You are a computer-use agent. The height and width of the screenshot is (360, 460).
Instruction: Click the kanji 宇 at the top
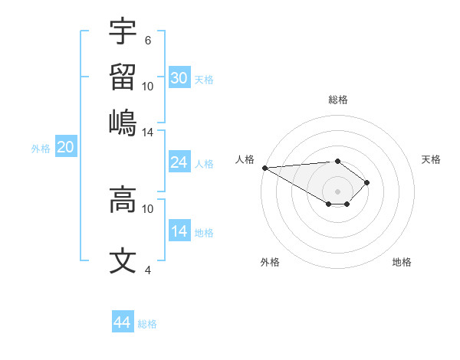pyautogui.click(x=123, y=32)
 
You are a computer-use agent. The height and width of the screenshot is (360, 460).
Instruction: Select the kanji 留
pyautogui.click(x=123, y=77)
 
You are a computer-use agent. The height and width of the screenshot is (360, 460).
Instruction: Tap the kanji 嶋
pyautogui.click(x=123, y=123)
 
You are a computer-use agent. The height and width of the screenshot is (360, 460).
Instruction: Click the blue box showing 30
pyautogui.click(x=179, y=78)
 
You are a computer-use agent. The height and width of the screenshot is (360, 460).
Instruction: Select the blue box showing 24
pyautogui.click(x=179, y=162)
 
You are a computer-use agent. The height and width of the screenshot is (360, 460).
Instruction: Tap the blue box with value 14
pyautogui.click(x=179, y=231)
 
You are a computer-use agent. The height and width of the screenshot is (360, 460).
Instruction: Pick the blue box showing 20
pyautogui.click(x=65, y=148)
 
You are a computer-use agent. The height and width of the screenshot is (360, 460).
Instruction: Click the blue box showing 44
pyautogui.click(x=122, y=322)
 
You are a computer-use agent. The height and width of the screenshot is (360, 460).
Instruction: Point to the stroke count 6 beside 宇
pyautogui.click(x=147, y=40)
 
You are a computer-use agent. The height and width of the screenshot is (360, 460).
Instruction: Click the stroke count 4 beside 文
pyautogui.click(x=147, y=270)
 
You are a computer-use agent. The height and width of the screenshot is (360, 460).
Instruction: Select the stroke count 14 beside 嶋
pyautogui.click(x=147, y=132)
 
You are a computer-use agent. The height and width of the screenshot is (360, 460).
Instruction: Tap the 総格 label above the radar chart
pyautogui.click(x=337, y=100)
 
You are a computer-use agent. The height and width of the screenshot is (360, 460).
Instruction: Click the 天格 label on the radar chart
pyautogui.click(x=431, y=159)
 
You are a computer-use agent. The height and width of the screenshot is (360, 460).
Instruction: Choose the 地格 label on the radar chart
pyautogui.click(x=402, y=262)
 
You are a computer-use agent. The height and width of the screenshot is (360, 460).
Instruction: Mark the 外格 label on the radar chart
pyautogui.click(x=270, y=262)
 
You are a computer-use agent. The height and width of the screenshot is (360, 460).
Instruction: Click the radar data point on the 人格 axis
pyautogui.click(x=264, y=168)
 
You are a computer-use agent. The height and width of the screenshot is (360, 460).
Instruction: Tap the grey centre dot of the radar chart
pyautogui.click(x=337, y=191)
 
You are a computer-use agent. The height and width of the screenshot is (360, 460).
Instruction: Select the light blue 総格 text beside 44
pyautogui.click(x=147, y=323)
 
